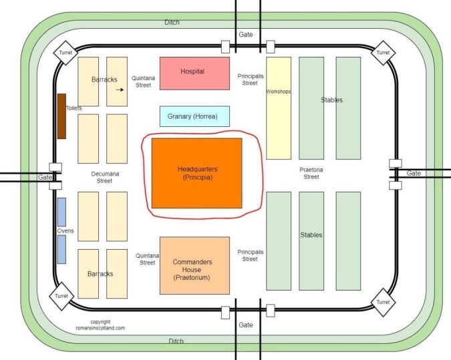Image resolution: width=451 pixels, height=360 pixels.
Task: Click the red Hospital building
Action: pyautogui.click(x=194, y=72)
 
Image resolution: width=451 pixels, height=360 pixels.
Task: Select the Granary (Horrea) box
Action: pyautogui.click(x=194, y=116)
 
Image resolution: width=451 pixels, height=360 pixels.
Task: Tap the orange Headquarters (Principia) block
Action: pyautogui.click(x=197, y=173)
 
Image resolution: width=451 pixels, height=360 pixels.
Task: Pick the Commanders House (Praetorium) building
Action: pyautogui.click(x=194, y=265)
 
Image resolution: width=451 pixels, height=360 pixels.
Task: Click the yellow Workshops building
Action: pyautogui.click(x=279, y=108)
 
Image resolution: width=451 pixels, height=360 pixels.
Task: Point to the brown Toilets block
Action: pyautogui.click(x=61, y=116)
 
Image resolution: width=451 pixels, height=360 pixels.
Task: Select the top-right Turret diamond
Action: pyautogui.click(x=383, y=53)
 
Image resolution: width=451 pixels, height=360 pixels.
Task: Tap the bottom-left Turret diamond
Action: pyautogui.click(x=62, y=295)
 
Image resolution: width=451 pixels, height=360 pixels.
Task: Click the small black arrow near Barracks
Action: pyautogui.click(x=120, y=89)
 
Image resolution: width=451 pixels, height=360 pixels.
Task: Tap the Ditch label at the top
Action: pyautogui.click(x=172, y=22)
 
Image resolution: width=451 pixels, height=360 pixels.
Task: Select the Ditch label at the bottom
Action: pyautogui.click(x=176, y=341)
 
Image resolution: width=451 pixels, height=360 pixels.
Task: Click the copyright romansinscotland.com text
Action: pyautogui.click(x=101, y=325)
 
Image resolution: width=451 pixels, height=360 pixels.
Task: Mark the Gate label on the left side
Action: pyautogui.click(x=45, y=177)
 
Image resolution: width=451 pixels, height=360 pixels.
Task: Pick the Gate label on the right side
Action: pyautogui.click(x=414, y=173)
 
